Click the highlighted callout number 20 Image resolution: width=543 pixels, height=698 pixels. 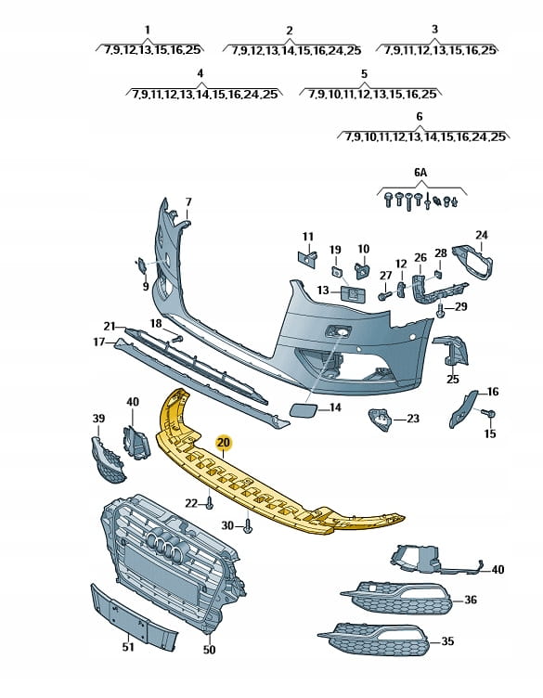pos(224,443)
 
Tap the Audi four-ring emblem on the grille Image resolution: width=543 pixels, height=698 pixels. pos(163,546)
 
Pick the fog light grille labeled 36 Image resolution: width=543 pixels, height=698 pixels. pos(397,598)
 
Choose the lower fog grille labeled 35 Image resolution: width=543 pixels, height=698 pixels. pos(375,639)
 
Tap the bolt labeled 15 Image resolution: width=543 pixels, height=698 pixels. pos(489,414)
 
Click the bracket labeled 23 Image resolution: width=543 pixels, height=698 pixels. pos(381,420)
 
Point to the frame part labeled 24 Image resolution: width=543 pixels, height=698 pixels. pos(472,262)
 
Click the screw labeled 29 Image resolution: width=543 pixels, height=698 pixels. pos(441,312)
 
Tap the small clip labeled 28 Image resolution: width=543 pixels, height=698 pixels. pos(438,273)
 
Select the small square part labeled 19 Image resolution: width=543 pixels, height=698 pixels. pos(337,272)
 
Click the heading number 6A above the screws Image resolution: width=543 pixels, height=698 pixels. pos(420,173)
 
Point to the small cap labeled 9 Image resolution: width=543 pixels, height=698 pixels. pos(141,265)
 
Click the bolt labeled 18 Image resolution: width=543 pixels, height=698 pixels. pos(176,339)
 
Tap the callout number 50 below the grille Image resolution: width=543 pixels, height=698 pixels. pos(209,650)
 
